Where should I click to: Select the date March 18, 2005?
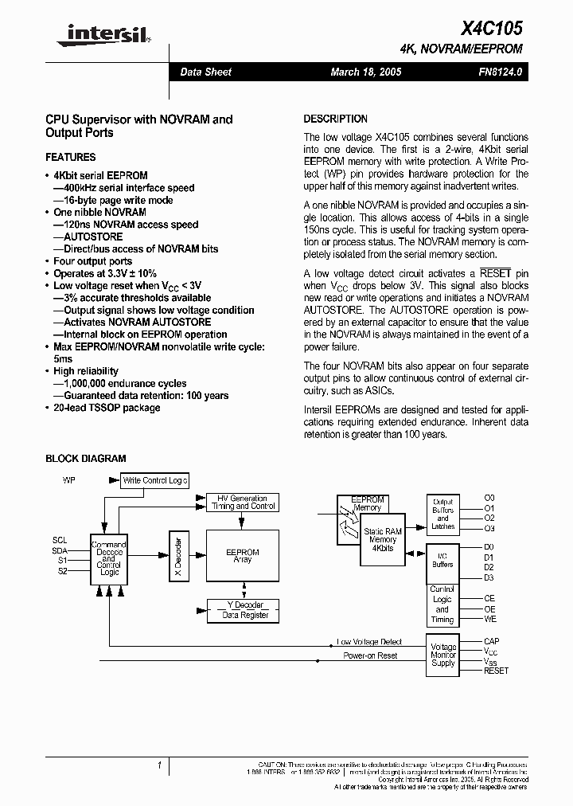(x=365, y=72)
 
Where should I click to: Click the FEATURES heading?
(x=70, y=157)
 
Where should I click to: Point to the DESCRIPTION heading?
(x=335, y=119)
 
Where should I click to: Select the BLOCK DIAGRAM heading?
(x=85, y=459)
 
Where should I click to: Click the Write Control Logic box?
(x=154, y=480)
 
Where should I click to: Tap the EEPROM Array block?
(x=243, y=556)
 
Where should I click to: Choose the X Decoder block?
(x=177, y=556)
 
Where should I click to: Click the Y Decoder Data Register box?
(x=243, y=610)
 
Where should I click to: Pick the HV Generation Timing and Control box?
(x=243, y=502)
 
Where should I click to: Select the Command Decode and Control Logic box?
(x=108, y=558)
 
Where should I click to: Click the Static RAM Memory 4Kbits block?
(x=383, y=539)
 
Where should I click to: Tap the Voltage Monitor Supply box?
(x=442, y=655)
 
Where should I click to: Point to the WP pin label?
(x=68, y=480)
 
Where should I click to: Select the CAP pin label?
(x=492, y=641)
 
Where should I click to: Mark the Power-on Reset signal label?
(x=370, y=655)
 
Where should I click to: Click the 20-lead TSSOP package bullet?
(x=107, y=408)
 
